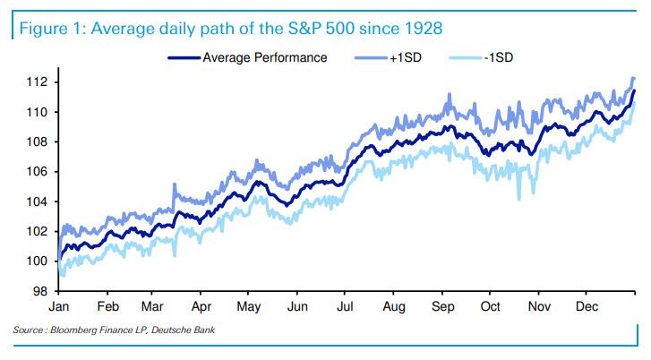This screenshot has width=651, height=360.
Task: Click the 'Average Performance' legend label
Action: pyautogui.click(x=265, y=58)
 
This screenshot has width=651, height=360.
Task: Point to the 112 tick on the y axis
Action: pyautogui.click(x=38, y=82)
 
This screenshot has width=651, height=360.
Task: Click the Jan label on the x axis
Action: pyautogui.click(x=59, y=304)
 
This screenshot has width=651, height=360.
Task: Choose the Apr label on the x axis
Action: pyautogui.click(x=201, y=304)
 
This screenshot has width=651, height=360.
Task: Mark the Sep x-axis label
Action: pyautogui.click(x=442, y=304)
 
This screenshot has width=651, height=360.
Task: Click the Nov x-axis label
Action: pyautogui.click(x=537, y=304)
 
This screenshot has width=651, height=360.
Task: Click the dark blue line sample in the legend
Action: pyautogui.click(x=183, y=58)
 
